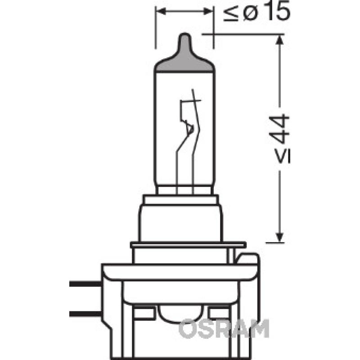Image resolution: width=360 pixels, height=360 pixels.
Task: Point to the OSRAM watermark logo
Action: [224, 328]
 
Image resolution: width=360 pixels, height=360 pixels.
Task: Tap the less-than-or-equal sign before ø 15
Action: [231, 14]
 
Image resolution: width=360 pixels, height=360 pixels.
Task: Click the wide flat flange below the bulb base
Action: [188, 245]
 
